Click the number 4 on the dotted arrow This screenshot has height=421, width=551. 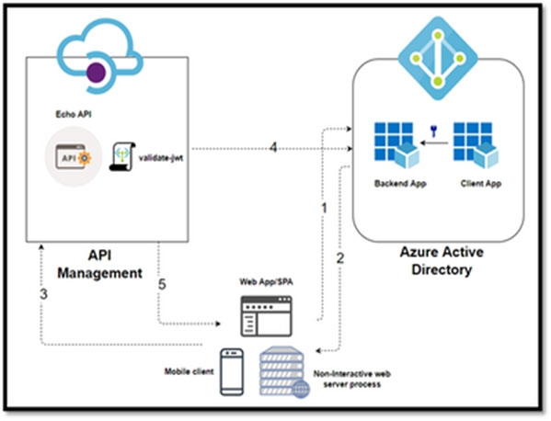(273, 147)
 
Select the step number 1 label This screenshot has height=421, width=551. (325, 208)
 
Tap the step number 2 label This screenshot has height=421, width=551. (340, 258)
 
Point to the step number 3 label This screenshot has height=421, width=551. (43, 294)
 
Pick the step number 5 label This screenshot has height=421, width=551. (162, 284)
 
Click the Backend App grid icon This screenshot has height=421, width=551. (396, 145)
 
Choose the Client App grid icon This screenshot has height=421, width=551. (476, 145)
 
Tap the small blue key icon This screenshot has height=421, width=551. (433, 131)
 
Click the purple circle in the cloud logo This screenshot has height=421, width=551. (96, 73)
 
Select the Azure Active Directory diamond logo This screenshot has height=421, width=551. (438, 58)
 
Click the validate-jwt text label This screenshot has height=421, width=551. (161, 158)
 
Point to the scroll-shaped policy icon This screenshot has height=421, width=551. (122, 156)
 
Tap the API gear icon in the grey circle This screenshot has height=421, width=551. (73, 156)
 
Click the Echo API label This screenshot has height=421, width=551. (74, 114)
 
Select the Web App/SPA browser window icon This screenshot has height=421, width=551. (266, 316)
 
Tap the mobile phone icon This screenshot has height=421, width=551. (232, 372)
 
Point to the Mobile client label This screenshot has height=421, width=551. (189, 371)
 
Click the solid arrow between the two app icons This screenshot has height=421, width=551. (434, 142)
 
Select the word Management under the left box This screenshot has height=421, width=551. (99, 273)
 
